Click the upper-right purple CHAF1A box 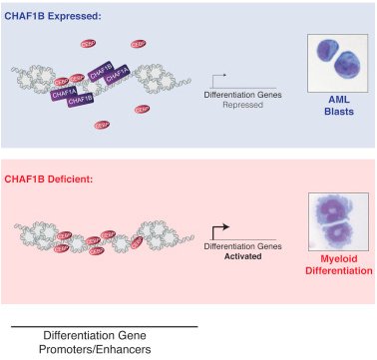tap(118, 76)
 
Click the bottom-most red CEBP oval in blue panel tap(101, 125)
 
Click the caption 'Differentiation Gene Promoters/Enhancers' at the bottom tap(105, 342)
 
